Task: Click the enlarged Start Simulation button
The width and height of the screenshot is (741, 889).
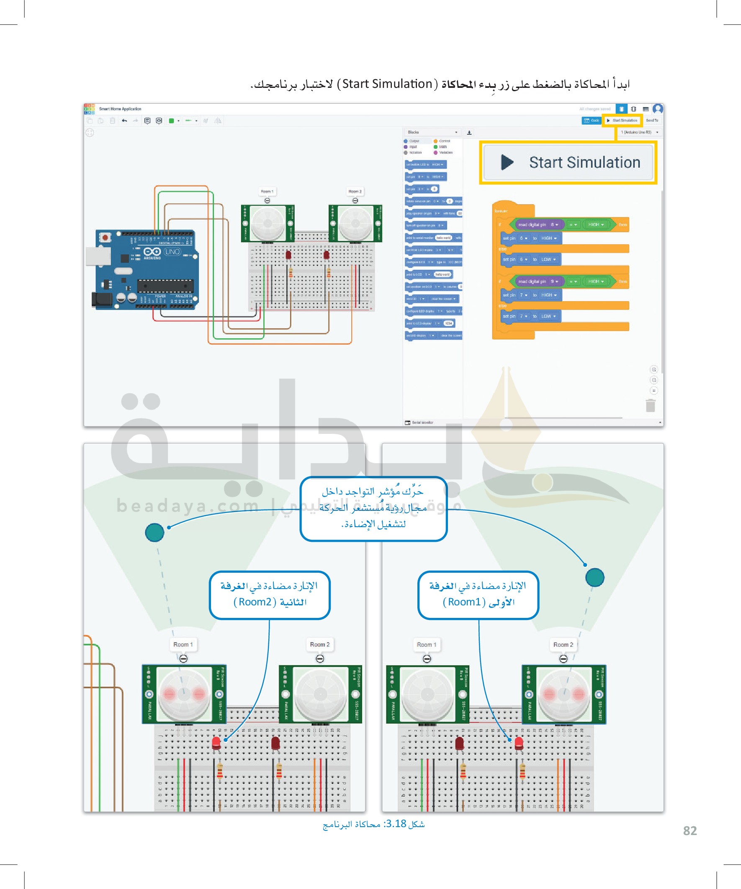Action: (568, 163)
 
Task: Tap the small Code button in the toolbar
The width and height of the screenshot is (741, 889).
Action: (592, 120)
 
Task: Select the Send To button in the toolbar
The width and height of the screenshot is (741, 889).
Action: (651, 120)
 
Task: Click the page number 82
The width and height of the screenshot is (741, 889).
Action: (690, 830)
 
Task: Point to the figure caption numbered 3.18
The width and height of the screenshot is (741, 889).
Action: (373, 824)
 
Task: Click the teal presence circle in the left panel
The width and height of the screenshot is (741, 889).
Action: (154, 532)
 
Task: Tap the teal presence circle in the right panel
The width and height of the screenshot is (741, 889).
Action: (594, 577)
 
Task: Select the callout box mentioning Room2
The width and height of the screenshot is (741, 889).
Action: (270, 595)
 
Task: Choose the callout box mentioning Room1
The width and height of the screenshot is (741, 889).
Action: (478, 595)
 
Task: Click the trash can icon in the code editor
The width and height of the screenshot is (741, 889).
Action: (650, 405)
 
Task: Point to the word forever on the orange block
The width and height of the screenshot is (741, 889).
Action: (501, 211)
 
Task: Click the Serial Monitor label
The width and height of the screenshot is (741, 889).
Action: (422, 423)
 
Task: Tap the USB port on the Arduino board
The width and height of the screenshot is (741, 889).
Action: (98, 256)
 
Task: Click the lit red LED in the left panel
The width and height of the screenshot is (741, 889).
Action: (216, 743)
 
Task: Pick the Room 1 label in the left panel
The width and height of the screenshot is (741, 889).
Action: (183, 644)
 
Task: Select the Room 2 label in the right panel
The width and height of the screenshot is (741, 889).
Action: (563, 644)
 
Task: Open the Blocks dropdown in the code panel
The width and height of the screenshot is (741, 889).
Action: (432, 133)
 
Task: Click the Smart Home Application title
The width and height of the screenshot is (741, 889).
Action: (120, 109)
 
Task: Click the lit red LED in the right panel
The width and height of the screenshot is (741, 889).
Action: (519, 743)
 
